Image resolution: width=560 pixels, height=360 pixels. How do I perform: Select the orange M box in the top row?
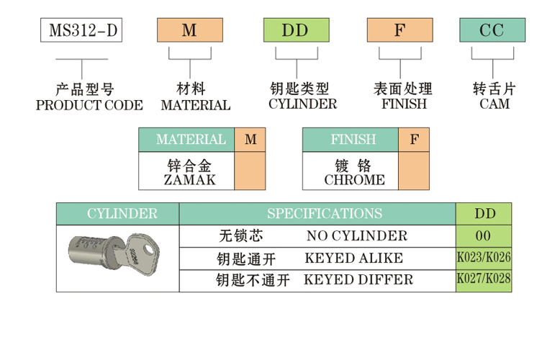coord(189,30)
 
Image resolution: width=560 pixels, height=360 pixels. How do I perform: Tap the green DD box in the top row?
coord(296,30)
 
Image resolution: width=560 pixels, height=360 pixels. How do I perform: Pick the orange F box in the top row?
coord(399,30)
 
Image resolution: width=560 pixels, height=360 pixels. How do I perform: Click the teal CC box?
coord(492,30)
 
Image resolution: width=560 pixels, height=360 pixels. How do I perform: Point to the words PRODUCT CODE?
coord(89,105)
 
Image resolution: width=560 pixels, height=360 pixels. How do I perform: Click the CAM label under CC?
coord(494,104)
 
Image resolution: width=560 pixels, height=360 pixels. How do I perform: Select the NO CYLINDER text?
coord(356,235)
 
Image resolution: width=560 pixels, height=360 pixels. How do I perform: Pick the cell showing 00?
coord(484,235)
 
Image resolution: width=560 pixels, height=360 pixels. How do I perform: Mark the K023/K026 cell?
coord(484,258)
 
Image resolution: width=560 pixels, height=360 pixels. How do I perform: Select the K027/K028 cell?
coord(484,280)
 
